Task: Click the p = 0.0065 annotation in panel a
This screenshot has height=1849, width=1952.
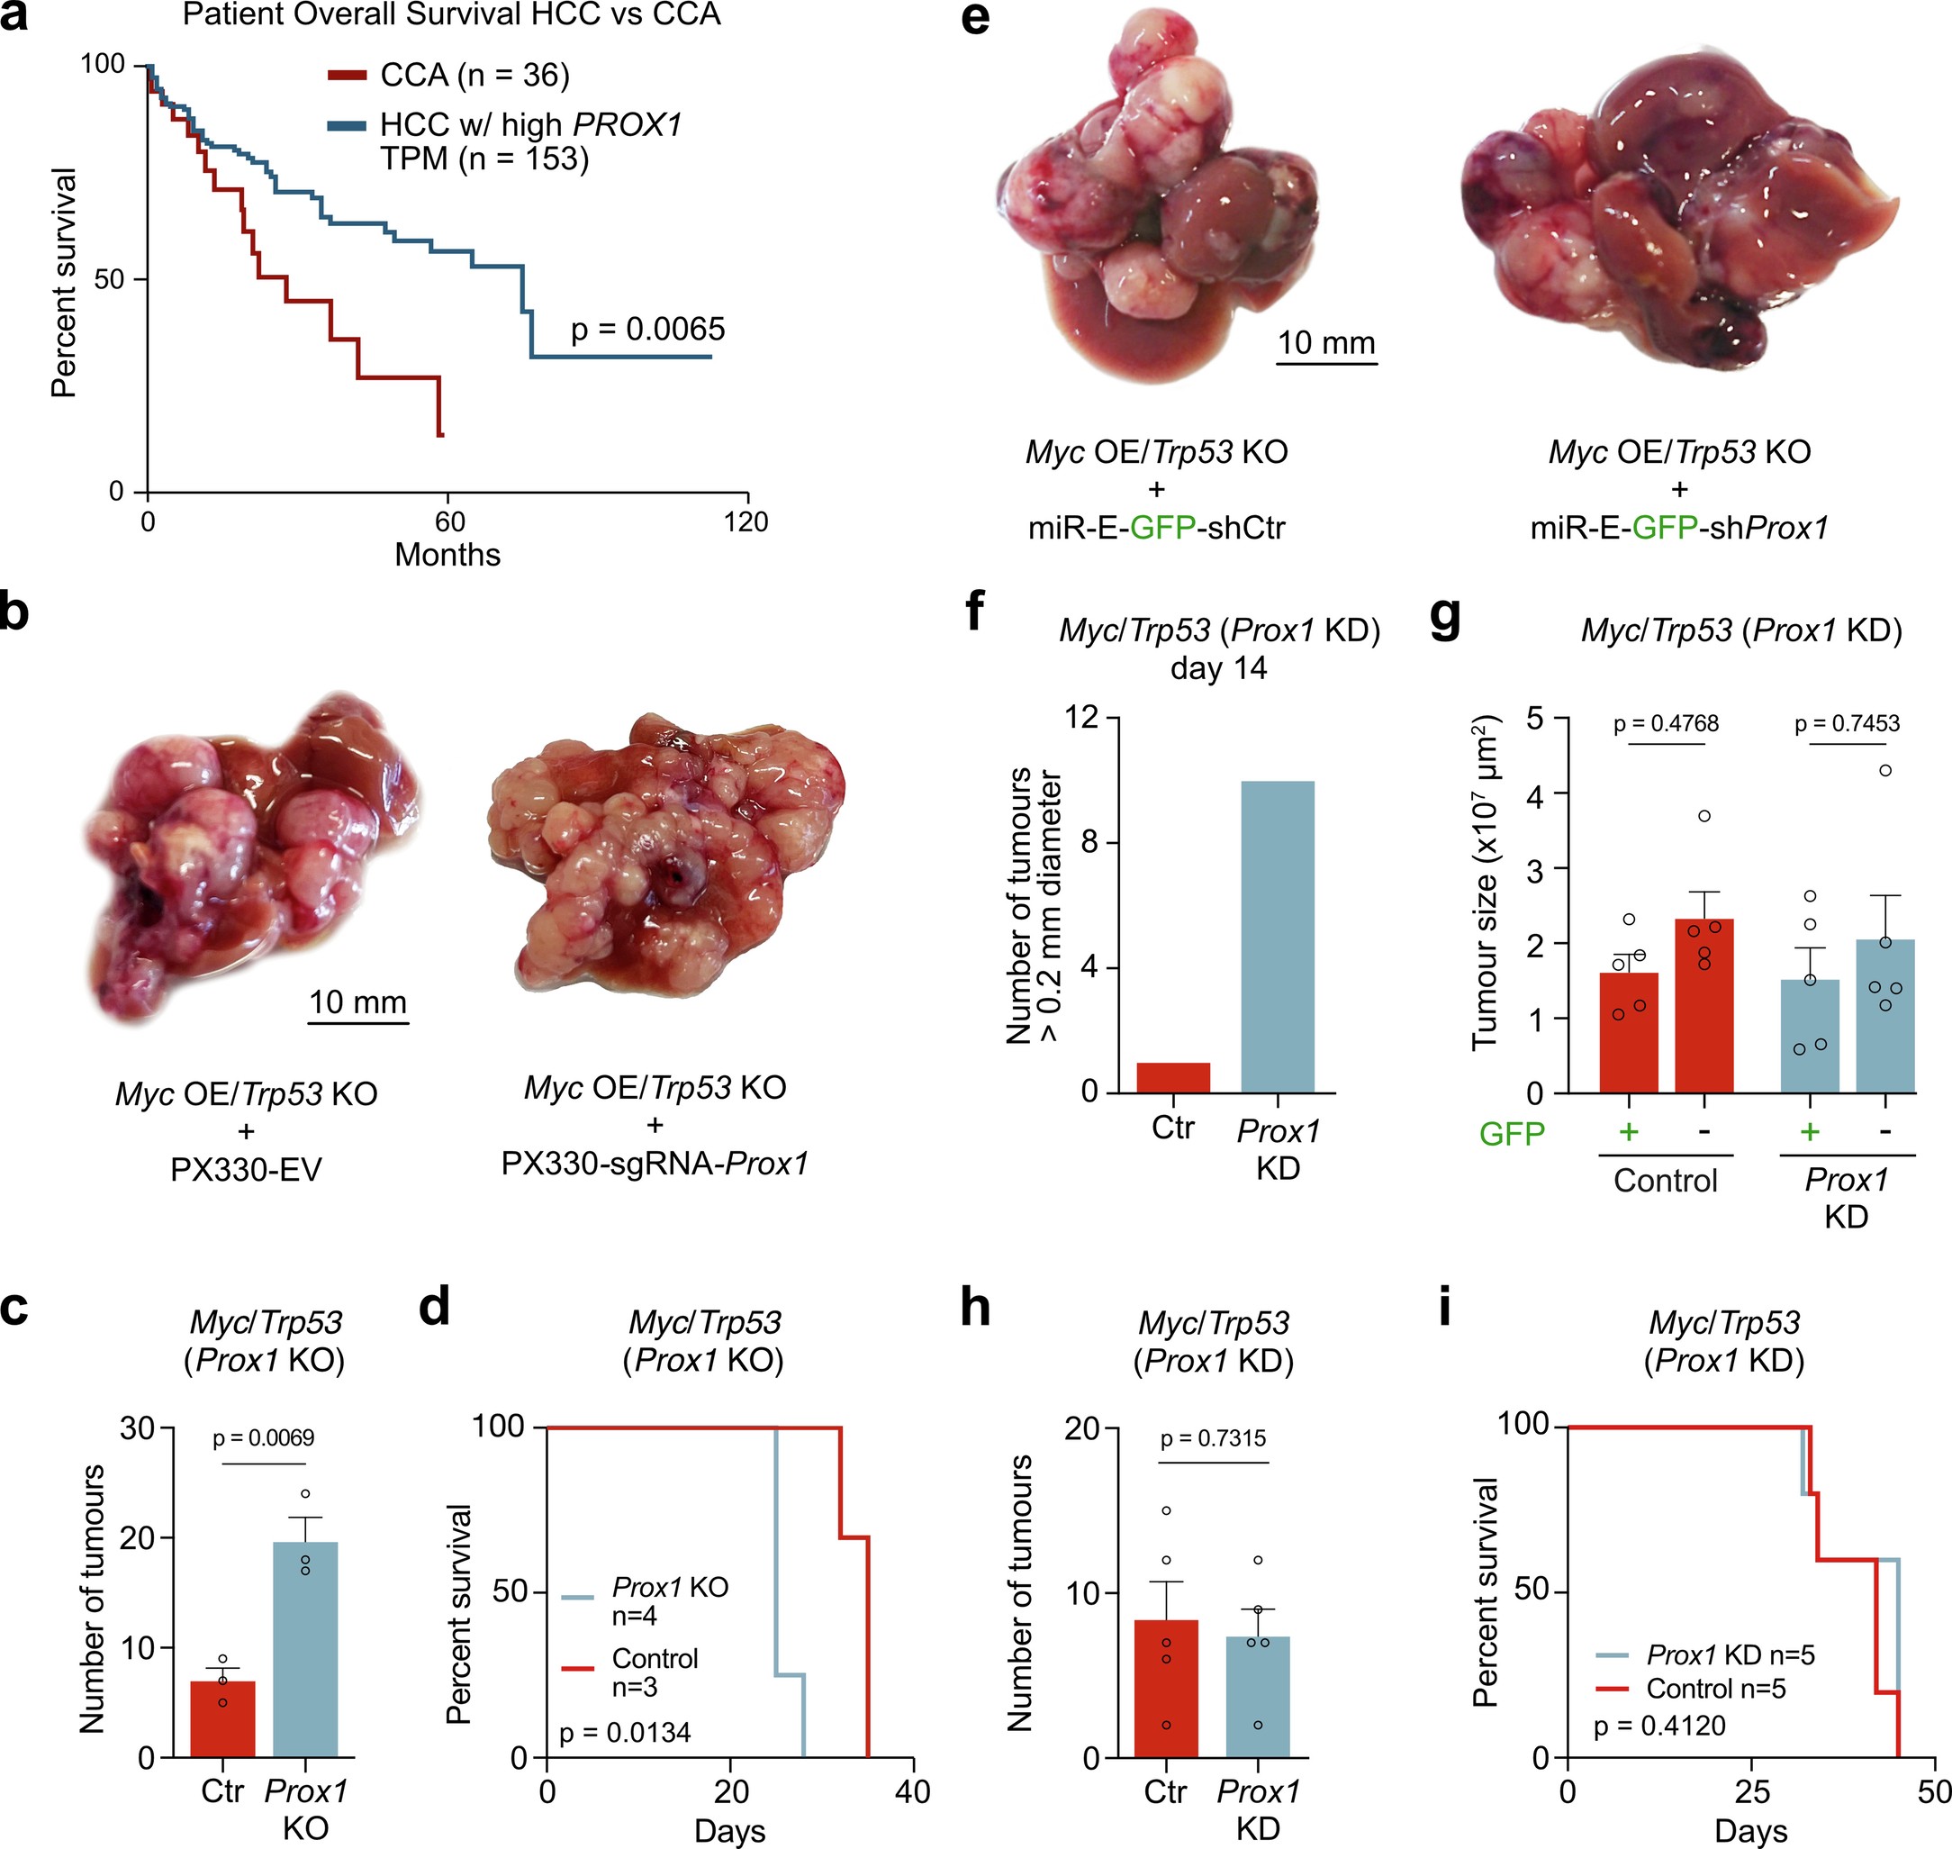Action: tap(647, 330)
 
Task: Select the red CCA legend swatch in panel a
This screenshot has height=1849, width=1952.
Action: tap(346, 75)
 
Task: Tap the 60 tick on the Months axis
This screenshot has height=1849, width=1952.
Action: tap(449, 521)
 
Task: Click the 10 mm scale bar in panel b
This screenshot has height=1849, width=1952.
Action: tap(357, 1022)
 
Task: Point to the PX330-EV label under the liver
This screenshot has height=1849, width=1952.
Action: tap(247, 1170)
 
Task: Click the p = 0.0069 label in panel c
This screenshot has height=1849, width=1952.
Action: tap(263, 1438)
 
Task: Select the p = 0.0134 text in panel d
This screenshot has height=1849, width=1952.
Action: tap(625, 1733)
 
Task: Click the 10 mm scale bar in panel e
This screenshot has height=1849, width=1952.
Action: tap(1326, 363)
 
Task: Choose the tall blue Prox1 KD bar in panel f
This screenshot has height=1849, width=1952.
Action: tap(1278, 937)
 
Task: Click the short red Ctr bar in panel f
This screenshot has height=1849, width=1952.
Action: tap(1172, 1077)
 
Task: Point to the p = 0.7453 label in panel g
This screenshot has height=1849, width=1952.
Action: tap(1847, 723)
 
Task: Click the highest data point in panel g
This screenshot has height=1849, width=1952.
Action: tap(1885, 771)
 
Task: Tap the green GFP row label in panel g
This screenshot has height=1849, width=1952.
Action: tap(1512, 1135)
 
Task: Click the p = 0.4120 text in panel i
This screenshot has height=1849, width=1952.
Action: tap(1659, 1726)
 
